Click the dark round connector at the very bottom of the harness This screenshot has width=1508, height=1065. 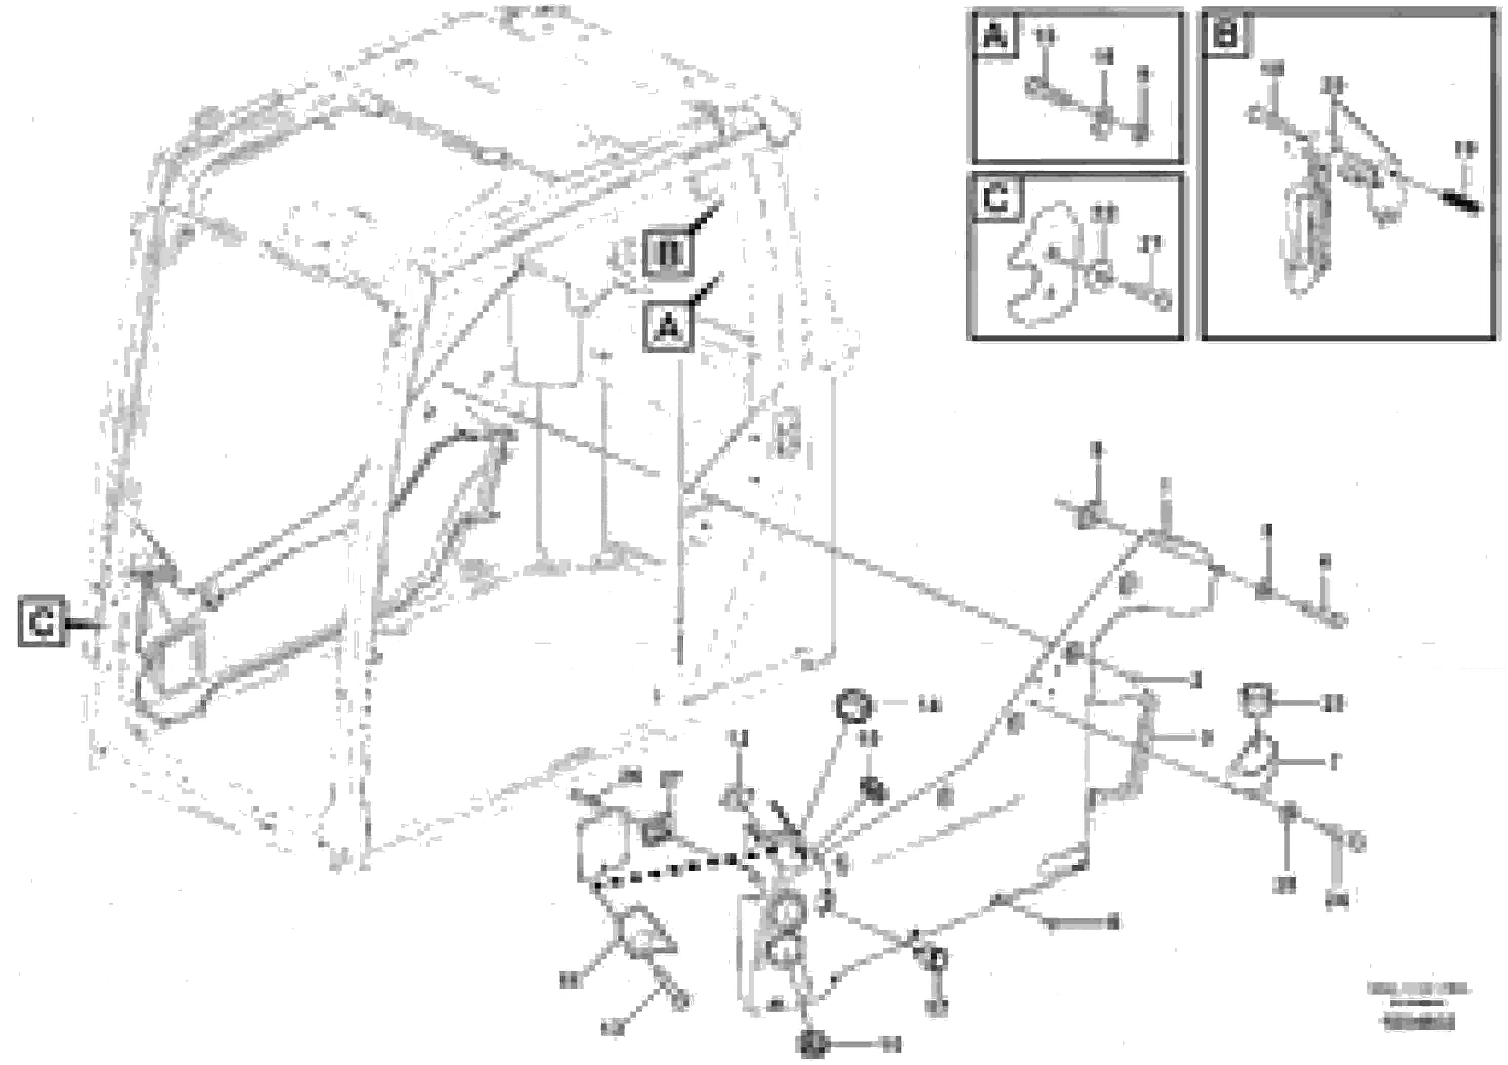click(x=812, y=1043)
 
